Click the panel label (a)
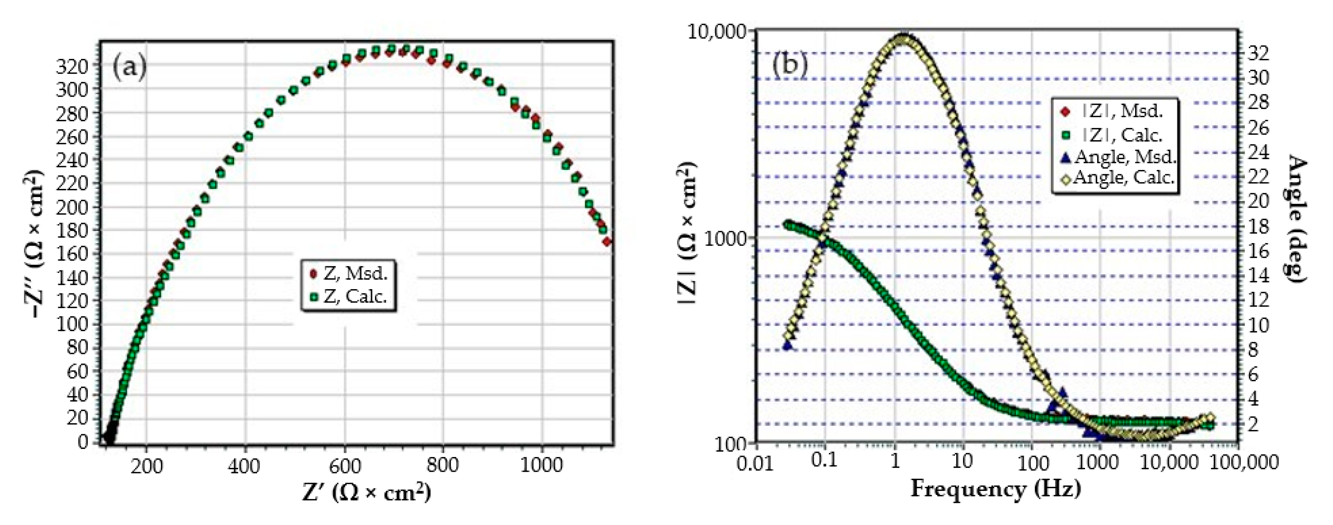[130, 68]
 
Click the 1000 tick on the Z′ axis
[541, 465]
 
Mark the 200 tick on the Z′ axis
[146, 465]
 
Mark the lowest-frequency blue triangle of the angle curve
[788, 345]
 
